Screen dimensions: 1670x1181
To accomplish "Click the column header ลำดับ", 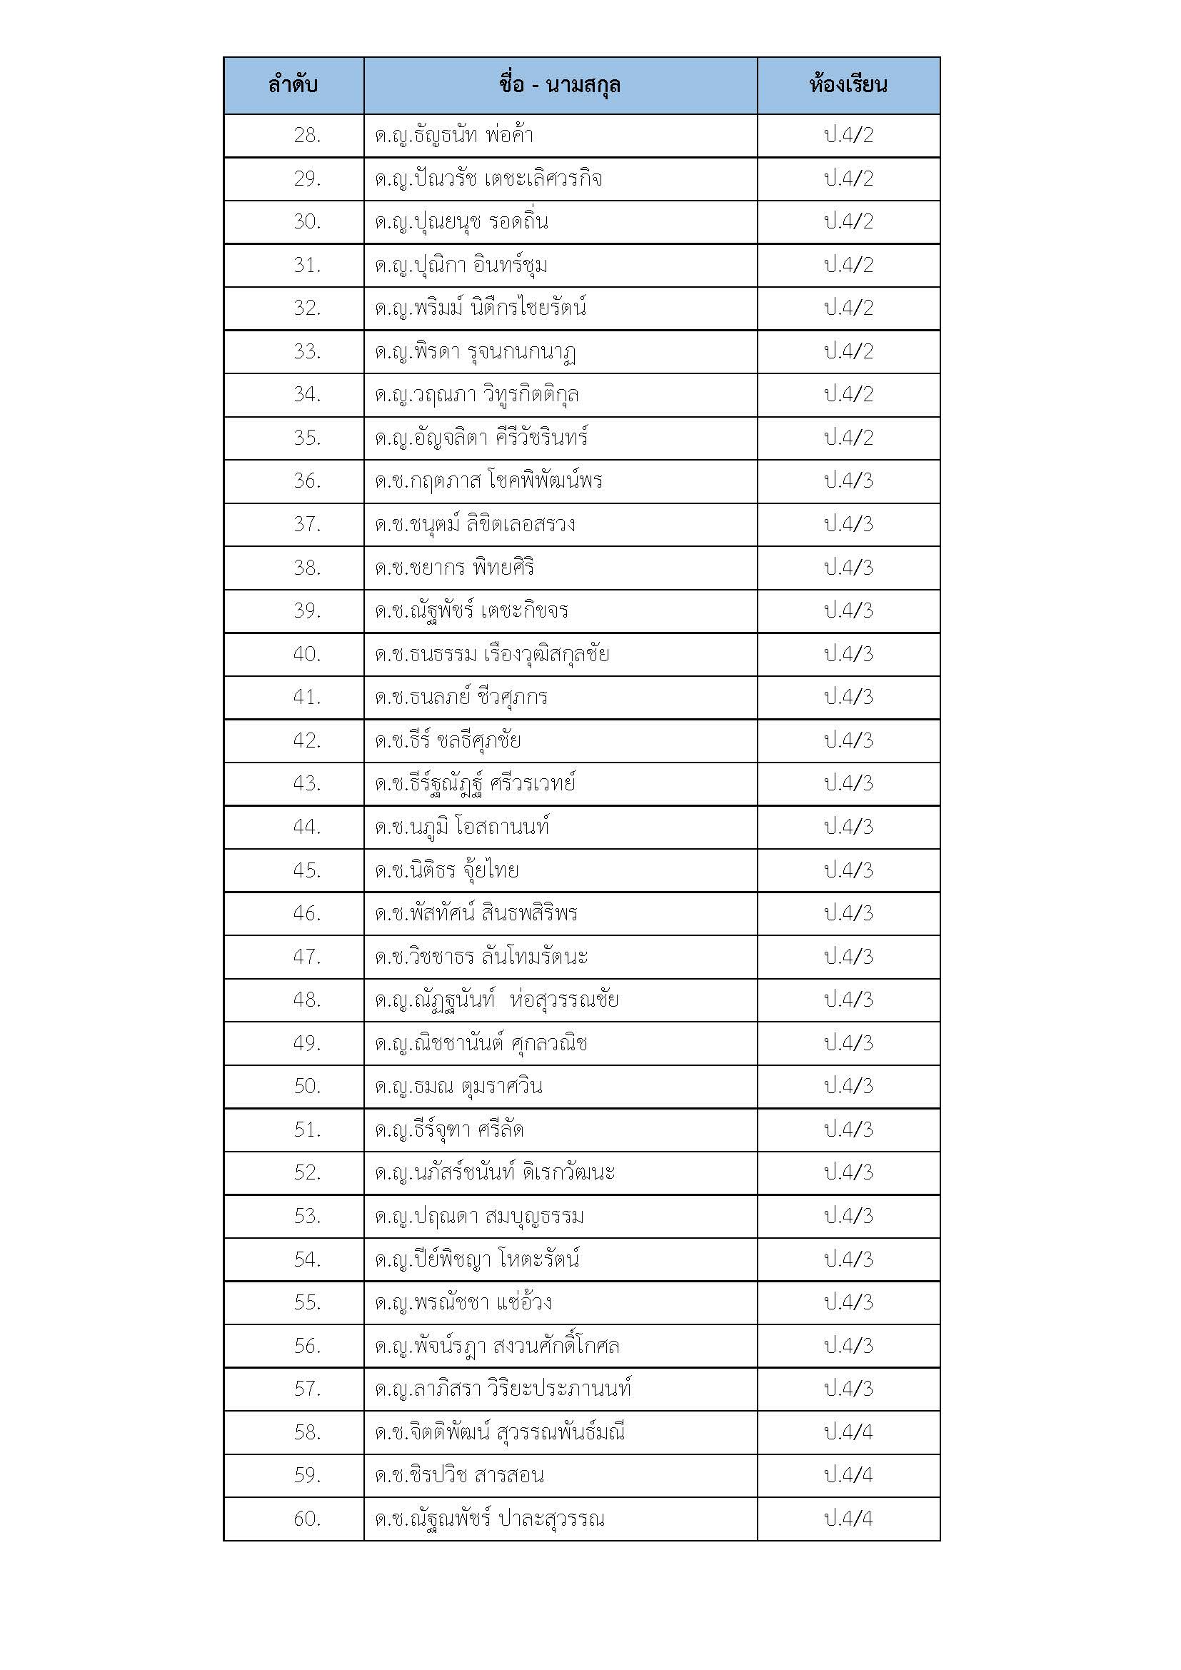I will tap(293, 85).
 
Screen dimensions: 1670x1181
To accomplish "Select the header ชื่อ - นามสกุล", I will tap(560, 85).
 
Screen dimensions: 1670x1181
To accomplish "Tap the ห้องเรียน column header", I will tap(848, 85).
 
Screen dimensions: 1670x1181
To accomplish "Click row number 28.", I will tap(307, 135).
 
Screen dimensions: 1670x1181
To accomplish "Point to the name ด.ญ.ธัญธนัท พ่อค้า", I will tap(455, 135).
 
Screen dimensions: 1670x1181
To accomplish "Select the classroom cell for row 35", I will tap(848, 438).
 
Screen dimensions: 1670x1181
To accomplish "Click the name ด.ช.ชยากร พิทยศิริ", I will tap(455, 568).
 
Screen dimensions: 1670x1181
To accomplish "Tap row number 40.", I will tap(307, 654).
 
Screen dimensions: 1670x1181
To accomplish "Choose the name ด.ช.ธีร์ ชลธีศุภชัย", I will tap(448, 740).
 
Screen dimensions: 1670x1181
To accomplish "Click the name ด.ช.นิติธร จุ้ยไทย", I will tap(446, 870).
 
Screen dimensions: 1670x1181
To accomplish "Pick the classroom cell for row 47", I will tap(848, 957).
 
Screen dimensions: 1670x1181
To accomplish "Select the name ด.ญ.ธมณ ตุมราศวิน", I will tap(459, 1086).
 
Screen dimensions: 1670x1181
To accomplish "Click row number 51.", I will tap(307, 1130).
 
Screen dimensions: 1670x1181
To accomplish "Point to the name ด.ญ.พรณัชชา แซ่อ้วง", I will tap(463, 1302).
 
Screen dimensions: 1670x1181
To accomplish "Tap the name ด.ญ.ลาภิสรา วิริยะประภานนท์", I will tap(503, 1389).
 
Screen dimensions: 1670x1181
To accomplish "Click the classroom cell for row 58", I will tap(848, 1432).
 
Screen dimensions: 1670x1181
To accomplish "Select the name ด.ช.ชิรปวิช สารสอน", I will tap(460, 1475).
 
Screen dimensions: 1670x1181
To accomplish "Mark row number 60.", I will tap(307, 1519).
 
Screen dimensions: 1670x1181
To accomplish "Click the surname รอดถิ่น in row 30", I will tap(518, 222).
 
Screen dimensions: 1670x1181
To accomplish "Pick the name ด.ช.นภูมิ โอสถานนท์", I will tap(462, 827).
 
